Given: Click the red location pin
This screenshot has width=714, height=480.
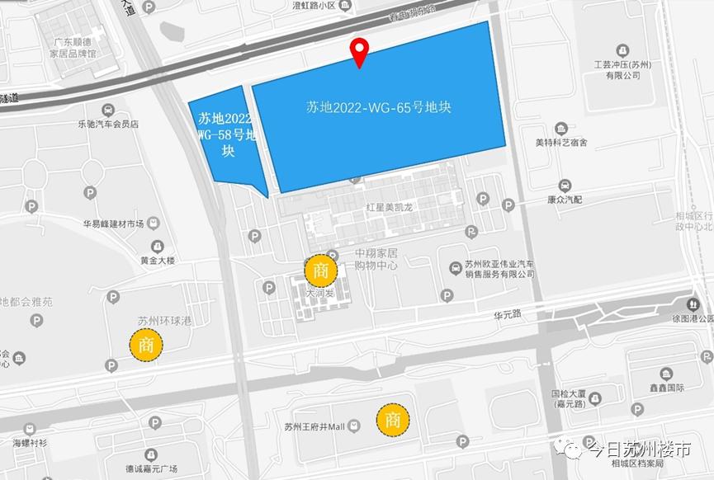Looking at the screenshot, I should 359,51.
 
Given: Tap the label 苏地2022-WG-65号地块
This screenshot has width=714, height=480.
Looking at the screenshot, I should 377,107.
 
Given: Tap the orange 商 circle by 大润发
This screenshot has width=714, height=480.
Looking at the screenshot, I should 321,270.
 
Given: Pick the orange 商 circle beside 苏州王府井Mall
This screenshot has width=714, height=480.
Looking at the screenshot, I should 393,420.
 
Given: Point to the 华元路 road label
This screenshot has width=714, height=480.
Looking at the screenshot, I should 508,314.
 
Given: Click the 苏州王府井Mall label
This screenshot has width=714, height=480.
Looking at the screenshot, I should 314,426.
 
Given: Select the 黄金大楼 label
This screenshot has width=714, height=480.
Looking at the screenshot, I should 157,261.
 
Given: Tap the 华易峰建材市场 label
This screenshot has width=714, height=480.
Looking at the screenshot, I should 113,224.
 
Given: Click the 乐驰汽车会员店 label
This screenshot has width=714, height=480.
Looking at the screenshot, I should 108,124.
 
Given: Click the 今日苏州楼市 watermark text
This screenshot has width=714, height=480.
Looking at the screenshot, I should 637,451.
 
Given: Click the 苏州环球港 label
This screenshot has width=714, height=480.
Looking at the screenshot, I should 164,320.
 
